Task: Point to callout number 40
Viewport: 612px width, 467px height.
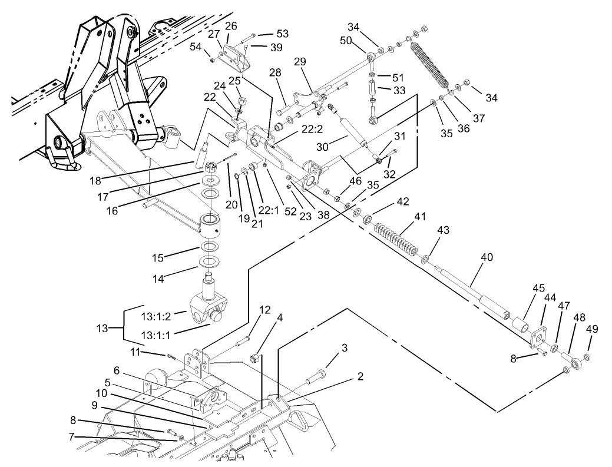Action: (x=487, y=257)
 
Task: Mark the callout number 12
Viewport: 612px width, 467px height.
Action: (x=264, y=310)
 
